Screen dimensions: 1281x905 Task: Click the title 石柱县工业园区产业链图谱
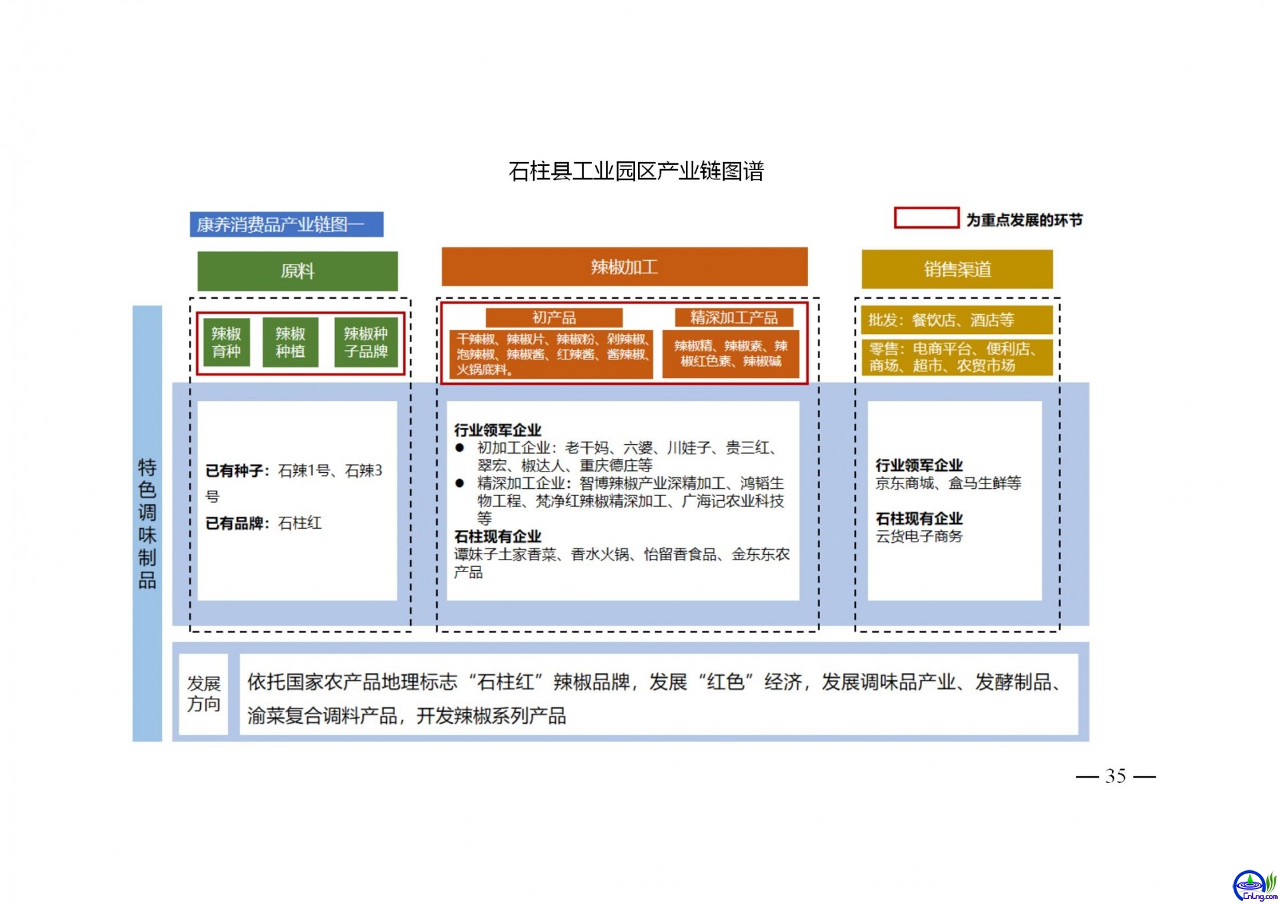[636, 171]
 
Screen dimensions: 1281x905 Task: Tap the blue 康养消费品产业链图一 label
[286, 224]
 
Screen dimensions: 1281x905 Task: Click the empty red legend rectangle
[926, 218]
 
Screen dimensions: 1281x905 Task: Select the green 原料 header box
[298, 271]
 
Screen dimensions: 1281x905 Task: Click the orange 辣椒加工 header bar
[624, 267]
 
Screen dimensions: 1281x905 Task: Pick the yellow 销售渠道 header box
[957, 269]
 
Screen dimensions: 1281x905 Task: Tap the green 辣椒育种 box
[226, 342]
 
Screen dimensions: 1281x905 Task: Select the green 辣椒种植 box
[290, 342]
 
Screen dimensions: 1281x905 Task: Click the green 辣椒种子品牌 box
[366, 342]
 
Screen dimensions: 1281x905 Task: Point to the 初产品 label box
[554, 317]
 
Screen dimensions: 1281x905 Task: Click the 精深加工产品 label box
[734, 317]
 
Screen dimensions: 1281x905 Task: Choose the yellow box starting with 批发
[957, 319]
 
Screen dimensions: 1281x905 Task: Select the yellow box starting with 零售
[957, 357]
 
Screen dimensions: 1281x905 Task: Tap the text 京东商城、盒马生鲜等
[948, 483]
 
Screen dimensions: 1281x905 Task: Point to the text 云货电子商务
[919, 536]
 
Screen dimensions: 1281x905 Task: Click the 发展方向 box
[203, 694]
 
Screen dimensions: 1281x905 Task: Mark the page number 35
[1116, 776]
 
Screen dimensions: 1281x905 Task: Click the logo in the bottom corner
[1254, 886]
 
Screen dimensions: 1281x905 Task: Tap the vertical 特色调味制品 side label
[147, 524]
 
